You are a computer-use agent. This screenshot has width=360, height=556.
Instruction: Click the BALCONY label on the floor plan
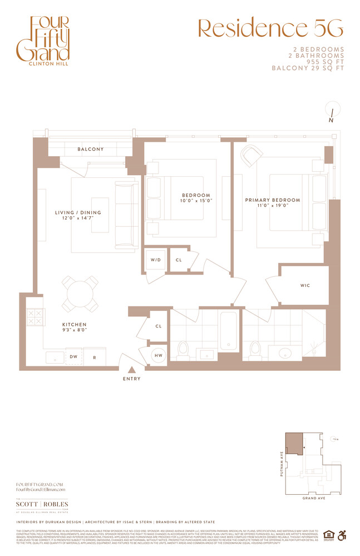click(90, 149)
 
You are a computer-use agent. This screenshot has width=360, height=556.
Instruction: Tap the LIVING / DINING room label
click(78, 212)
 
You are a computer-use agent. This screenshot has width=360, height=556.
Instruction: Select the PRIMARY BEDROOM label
click(272, 200)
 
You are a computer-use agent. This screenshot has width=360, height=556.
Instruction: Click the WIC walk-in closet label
click(304, 285)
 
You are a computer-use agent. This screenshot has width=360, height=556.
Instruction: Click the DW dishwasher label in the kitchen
click(74, 358)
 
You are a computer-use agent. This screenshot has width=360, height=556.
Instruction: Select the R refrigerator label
click(95, 358)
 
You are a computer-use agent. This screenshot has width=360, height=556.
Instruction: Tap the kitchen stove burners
click(34, 317)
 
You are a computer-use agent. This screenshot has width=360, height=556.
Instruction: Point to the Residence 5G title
click(271, 28)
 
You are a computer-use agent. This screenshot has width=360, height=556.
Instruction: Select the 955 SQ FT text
click(319, 62)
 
